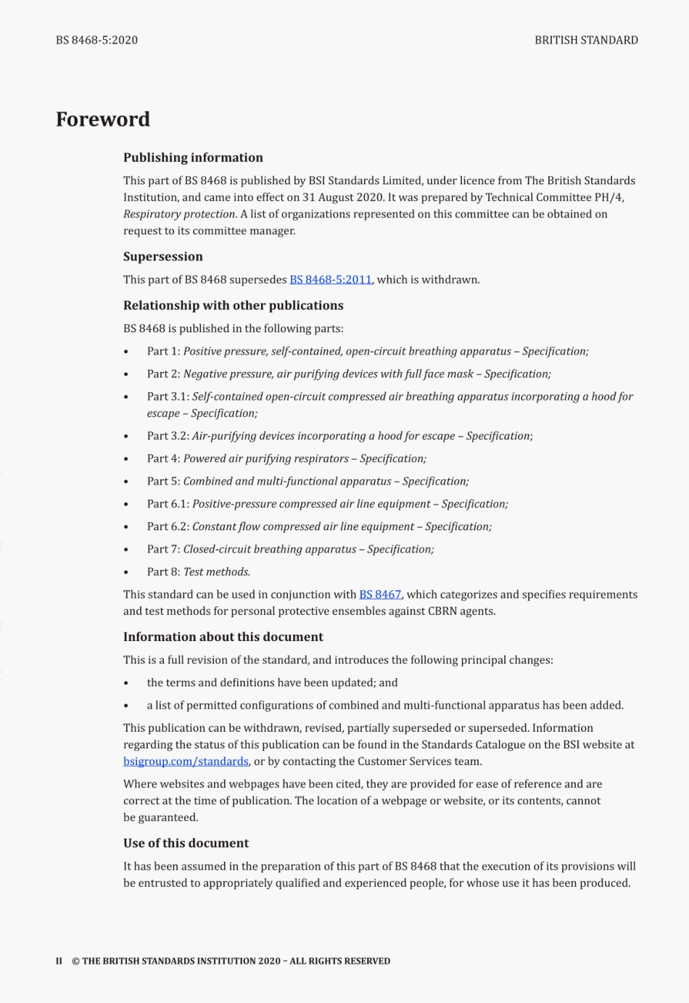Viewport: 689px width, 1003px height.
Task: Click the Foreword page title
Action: click(x=103, y=119)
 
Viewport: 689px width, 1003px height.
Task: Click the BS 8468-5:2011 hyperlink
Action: click(x=330, y=280)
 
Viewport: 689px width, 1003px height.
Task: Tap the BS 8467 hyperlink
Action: click(x=380, y=595)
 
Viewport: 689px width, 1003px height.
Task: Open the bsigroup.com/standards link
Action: click(x=186, y=761)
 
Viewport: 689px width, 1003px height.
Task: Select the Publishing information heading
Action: click(x=193, y=157)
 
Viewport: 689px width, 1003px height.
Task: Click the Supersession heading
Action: click(x=163, y=257)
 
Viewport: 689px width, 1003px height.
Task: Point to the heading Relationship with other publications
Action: click(x=233, y=305)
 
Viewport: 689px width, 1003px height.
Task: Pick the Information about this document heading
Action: click(x=223, y=637)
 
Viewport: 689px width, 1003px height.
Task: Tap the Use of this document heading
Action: click(x=186, y=843)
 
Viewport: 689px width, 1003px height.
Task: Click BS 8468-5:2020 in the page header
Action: click(x=96, y=40)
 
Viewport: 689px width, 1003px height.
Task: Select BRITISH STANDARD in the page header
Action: click(x=586, y=40)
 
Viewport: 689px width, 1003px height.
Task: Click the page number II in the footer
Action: click(x=59, y=962)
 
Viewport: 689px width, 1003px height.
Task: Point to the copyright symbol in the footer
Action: click(x=75, y=962)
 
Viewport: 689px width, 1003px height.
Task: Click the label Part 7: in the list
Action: click(x=163, y=550)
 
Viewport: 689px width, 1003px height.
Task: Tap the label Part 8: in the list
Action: click(x=163, y=572)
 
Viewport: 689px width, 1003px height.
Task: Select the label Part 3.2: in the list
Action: click(x=168, y=437)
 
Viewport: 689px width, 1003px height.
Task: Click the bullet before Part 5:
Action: click(x=126, y=482)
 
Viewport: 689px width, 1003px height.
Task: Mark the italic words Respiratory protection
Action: click(x=179, y=215)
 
